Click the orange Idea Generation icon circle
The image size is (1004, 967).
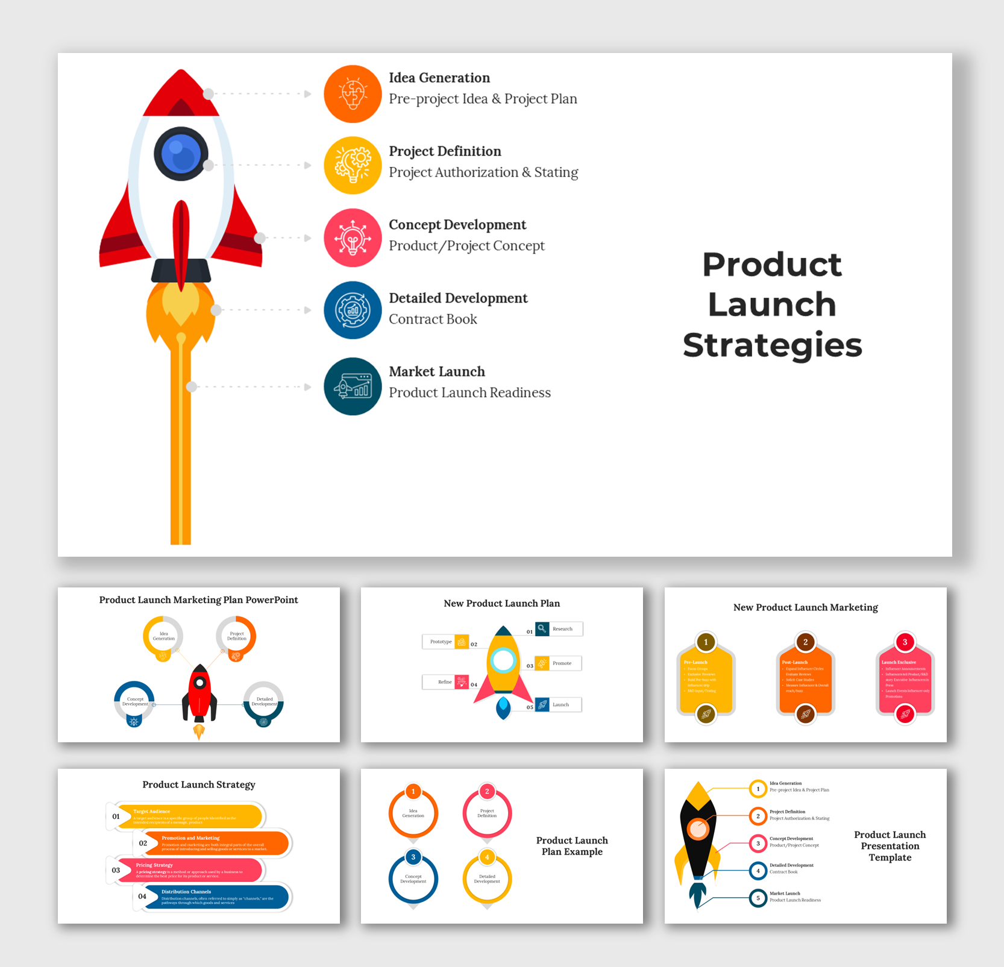[353, 94]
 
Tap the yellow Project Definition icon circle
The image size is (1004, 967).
[353, 165]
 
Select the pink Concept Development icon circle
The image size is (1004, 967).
[353, 238]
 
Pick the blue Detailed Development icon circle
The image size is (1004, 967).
[353, 310]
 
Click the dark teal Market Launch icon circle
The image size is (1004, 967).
[353, 386]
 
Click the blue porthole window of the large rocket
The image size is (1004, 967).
[181, 154]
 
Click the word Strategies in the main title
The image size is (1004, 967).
[772, 345]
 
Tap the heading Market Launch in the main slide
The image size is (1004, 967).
[436, 372]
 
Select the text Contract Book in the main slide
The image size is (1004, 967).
[433, 319]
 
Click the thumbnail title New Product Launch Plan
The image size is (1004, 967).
[501, 603]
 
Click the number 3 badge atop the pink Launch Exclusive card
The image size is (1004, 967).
[905, 642]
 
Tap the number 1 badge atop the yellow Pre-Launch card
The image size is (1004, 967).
[706, 642]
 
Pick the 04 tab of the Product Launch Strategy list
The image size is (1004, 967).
[142, 897]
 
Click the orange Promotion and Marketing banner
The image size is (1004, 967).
[217, 843]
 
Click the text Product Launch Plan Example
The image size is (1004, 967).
[572, 846]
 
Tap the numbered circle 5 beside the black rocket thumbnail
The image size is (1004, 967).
[758, 898]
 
